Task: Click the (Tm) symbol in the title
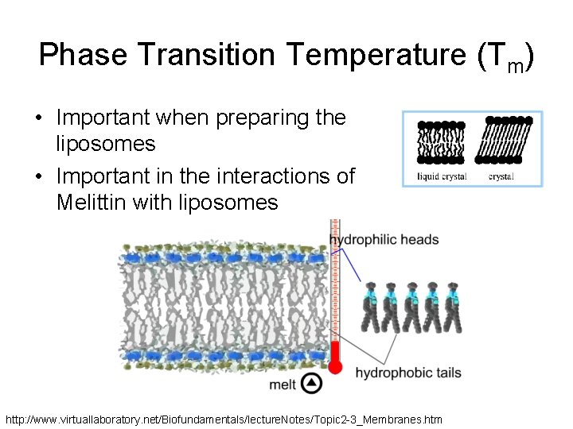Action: coord(505,57)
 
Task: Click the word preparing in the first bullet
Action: coord(250,118)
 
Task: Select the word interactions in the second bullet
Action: coord(267,176)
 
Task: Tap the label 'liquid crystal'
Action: coord(442,176)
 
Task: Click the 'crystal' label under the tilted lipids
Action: coord(501,176)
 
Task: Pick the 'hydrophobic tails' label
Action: coord(407,373)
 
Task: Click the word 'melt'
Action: coord(283,385)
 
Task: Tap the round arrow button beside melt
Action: coord(313,384)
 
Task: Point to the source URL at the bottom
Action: coord(224,419)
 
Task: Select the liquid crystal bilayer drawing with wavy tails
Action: coord(441,144)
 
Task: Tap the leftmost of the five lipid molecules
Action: coord(371,306)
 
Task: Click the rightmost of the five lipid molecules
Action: coord(454,306)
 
